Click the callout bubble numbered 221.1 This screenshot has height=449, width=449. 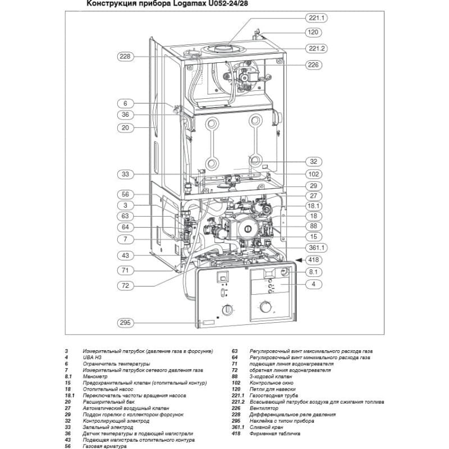click(316, 18)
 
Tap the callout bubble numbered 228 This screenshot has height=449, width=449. click(125, 57)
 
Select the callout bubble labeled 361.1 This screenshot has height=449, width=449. click(316, 248)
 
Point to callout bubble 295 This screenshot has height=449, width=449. click(125, 323)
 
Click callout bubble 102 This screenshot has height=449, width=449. click(314, 174)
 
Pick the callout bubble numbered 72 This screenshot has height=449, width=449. click(125, 286)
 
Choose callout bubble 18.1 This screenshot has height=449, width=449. click(314, 206)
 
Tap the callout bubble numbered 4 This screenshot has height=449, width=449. click(314, 284)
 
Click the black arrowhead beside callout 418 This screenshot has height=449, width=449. click(299, 260)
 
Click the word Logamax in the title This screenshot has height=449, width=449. click(187, 4)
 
